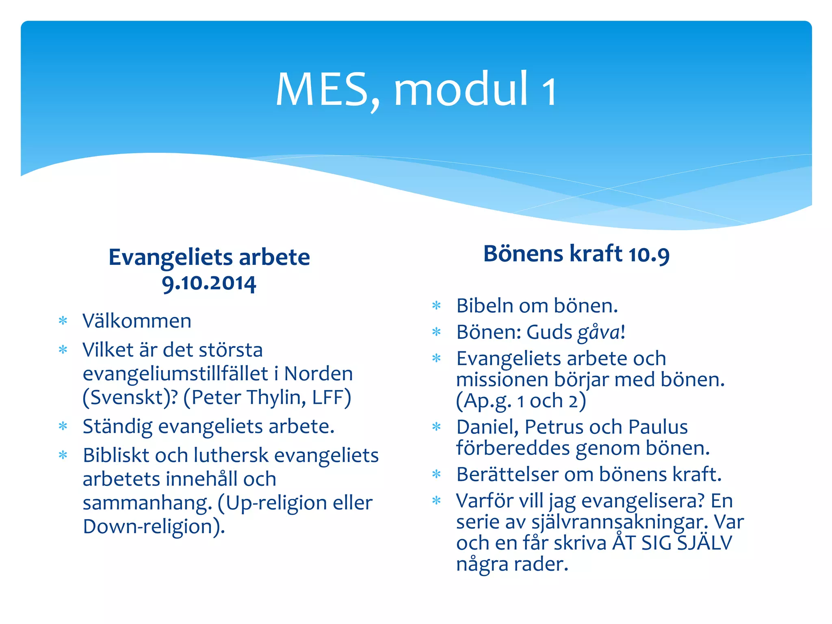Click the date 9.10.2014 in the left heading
(x=209, y=283)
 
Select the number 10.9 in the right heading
(x=648, y=255)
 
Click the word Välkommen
(x=137, y=321)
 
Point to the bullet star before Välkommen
(x=63, y=321)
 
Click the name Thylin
(x=277, y=397)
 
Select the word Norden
(x=318, y=374)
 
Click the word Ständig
(x=117, y=427)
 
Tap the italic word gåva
(x=599, y=333)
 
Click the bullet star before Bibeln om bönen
(x=437, y=305)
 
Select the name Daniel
(x=487, y=427)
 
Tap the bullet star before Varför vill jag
(x=437, y=500)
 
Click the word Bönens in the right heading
(x=523, y=254)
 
